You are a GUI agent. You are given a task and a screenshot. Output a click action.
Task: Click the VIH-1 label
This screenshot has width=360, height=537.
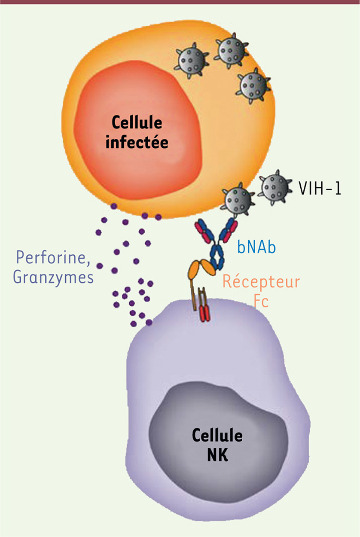[320, 188]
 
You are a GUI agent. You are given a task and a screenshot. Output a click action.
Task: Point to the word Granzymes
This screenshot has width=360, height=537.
[53, 278]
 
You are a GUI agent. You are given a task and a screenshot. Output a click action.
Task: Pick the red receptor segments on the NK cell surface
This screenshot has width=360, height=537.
[204, 314]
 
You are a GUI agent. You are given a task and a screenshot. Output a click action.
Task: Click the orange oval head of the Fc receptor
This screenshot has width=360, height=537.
[201, 269]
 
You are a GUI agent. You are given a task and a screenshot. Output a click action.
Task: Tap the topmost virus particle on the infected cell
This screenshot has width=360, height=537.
[231, 51]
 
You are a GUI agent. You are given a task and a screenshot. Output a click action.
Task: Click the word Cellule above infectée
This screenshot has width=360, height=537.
[137, 122]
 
